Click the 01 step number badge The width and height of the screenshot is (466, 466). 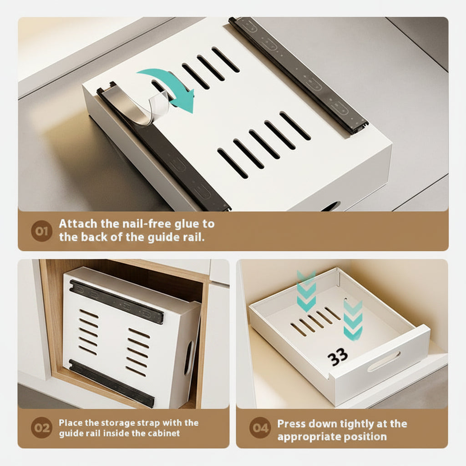click(41, 231)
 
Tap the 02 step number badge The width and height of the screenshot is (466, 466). click(41, 428)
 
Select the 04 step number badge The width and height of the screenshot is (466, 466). click(260, 428)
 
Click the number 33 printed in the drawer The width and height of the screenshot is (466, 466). click(338, 357)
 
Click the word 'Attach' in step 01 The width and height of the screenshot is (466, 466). click(78, 224)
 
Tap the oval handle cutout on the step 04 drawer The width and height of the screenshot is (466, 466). click(384, 361)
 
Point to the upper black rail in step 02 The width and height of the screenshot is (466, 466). click(116, 301)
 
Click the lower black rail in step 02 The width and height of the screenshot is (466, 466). click(112, 383)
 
